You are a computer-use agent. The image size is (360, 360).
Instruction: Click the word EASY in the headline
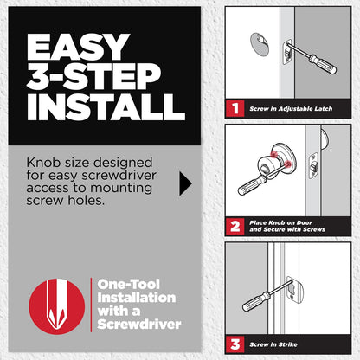click(x=78, y=46)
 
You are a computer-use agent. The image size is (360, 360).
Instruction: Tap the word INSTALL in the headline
click(x=106, y=107)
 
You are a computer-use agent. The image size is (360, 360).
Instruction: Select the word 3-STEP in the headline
click(x=93, y=76)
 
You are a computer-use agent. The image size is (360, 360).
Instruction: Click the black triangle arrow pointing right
click(x=185, y=183)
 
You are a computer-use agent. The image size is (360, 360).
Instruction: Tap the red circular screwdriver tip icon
click(x=57, y=306)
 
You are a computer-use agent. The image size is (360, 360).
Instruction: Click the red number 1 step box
click(x=235, y=109)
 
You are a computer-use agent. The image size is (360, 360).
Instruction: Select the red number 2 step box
click(x=235, y=226)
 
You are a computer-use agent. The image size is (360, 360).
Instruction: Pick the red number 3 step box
click(x=235, y=344)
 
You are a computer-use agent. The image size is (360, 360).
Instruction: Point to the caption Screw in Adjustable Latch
click(x=291, y=109)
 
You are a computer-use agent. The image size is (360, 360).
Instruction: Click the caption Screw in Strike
click(x=273, y=344)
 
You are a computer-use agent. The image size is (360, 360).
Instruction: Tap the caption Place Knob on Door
click(x=280, y=222)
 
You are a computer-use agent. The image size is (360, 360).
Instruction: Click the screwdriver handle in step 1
click(x=322, y=64)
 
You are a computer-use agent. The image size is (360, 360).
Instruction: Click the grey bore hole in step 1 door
click(x=260, y=43)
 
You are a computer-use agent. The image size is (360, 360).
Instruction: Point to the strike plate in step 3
click(x=295, y=292)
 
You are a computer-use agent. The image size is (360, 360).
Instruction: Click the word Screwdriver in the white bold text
click(x=139, y=325)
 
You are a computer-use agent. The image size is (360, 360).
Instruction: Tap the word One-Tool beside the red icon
click(x=128, y=285)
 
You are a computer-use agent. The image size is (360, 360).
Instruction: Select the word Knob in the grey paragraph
click(x=43, y=163)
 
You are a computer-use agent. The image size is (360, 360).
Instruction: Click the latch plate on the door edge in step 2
click(x=313, y=166)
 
